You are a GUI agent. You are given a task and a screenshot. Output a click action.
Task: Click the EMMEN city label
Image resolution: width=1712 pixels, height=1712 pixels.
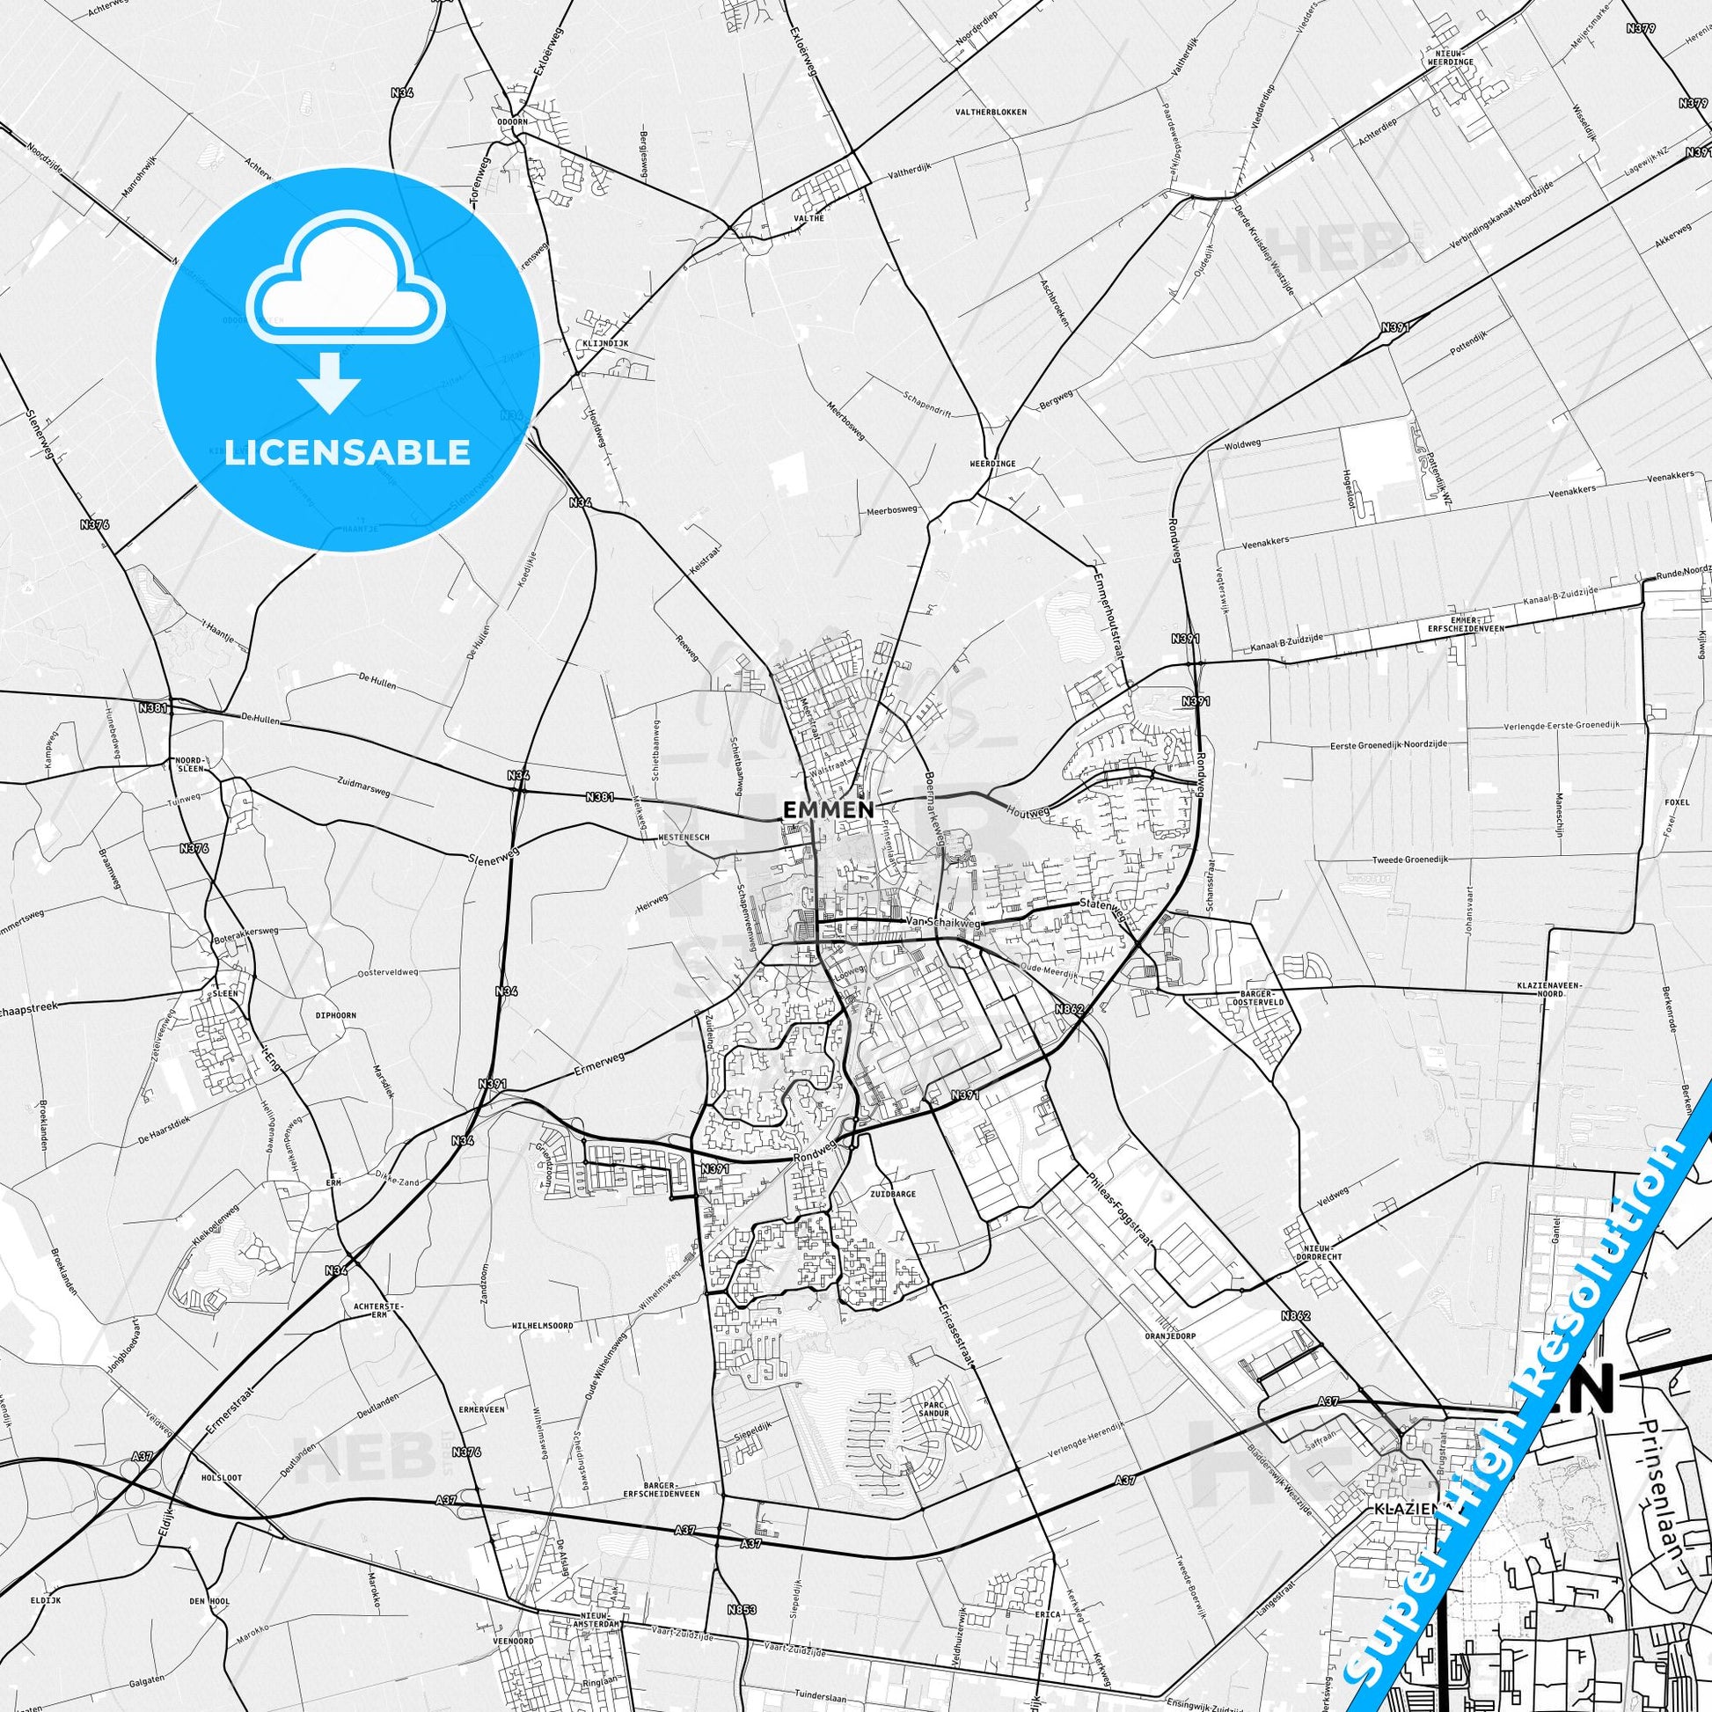828,808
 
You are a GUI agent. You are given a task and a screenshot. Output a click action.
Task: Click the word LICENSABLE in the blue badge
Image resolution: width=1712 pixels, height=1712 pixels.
348,453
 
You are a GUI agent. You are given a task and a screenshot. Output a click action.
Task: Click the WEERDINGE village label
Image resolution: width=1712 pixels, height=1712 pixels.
992,464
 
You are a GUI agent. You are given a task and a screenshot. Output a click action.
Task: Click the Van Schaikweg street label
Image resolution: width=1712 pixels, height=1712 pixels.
942,923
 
